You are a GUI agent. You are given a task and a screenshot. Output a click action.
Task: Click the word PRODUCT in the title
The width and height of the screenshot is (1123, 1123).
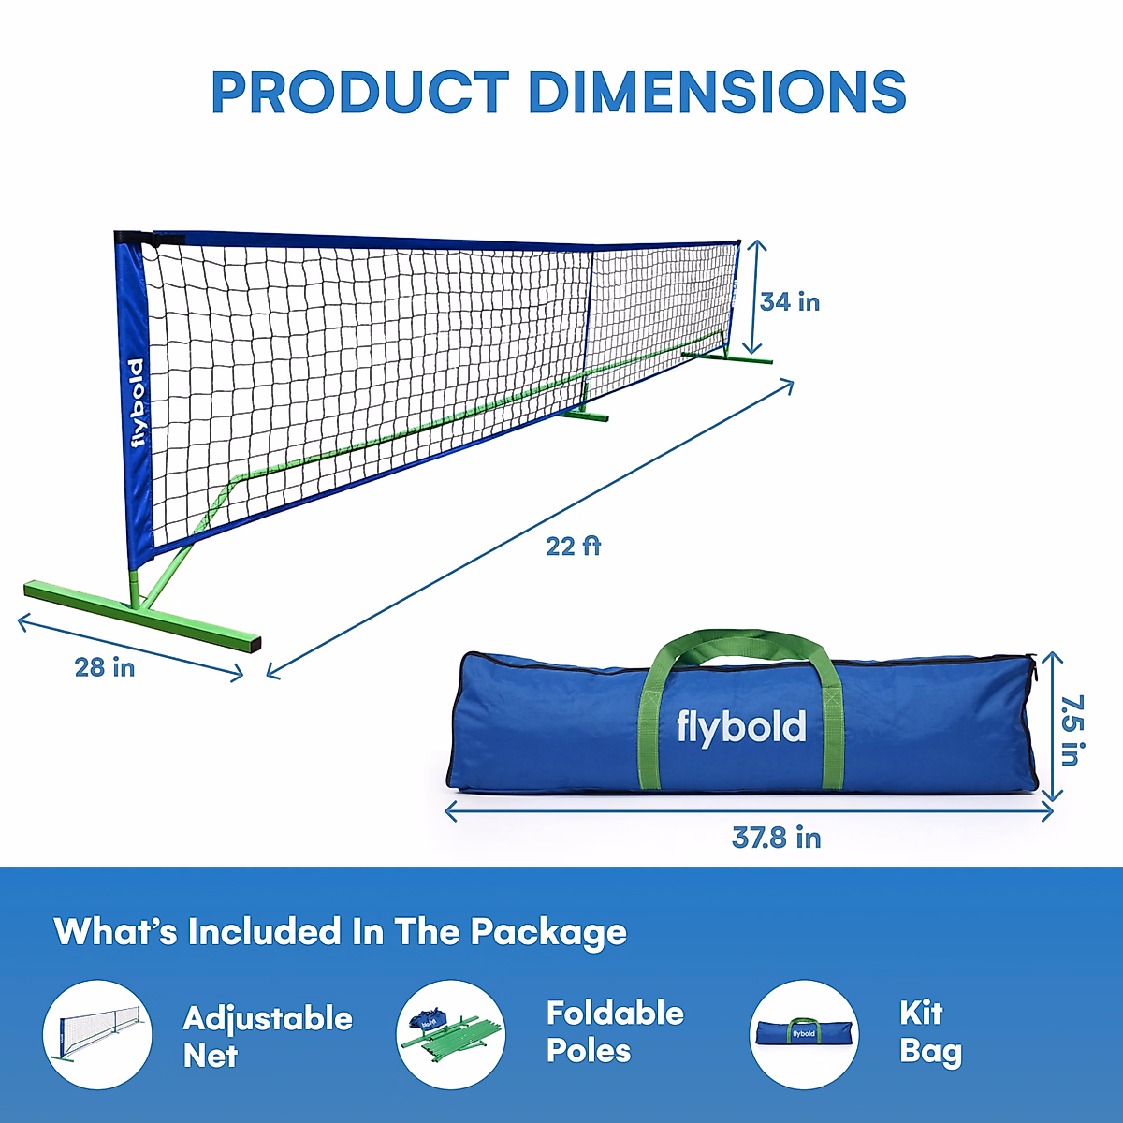(359, 92)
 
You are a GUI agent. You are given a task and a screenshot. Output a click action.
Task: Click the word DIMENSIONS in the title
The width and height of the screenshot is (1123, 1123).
(717, 92)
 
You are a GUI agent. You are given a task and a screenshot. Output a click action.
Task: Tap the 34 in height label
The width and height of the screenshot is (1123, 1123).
(789, 302)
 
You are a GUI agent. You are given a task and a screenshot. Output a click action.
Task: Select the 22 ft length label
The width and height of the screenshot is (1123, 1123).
(573, 546)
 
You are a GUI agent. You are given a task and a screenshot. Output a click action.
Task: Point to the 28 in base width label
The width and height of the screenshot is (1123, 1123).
(105, 667)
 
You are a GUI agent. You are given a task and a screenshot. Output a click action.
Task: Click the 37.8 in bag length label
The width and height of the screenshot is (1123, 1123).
(776, 838)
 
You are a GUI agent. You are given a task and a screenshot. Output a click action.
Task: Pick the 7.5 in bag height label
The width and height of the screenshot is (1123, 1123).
(1072, 730)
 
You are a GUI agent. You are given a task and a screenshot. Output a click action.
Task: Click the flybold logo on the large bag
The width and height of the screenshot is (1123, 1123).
(740, 727)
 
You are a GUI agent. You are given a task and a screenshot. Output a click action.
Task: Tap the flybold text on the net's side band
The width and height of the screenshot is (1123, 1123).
(138, 402)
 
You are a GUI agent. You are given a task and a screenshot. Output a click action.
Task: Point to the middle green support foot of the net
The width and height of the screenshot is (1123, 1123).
(582, 414)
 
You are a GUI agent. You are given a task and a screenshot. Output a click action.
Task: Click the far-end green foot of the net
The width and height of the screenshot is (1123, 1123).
(726, 357)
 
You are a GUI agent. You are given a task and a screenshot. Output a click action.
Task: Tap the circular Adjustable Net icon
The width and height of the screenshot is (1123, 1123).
(97, 1034)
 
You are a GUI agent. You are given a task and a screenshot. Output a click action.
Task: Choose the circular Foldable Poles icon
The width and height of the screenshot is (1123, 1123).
(451, 1034)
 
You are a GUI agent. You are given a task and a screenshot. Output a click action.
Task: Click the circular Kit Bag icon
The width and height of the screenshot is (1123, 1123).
(804, 1034)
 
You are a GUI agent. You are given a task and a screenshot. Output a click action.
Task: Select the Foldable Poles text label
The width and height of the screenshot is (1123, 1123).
(615, 1032)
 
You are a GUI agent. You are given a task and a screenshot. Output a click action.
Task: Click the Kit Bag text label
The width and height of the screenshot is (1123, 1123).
(929, 1032)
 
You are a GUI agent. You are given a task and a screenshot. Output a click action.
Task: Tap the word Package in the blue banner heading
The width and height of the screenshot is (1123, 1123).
(548, 932)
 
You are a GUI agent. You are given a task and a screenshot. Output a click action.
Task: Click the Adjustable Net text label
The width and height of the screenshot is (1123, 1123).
(268, 1037)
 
